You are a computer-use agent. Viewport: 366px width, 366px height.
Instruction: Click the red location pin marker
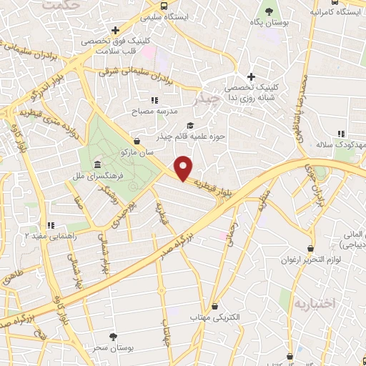(184, 168)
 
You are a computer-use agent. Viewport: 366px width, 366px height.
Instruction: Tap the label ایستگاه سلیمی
(174, 16)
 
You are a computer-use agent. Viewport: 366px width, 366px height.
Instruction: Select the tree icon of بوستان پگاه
(269, 11)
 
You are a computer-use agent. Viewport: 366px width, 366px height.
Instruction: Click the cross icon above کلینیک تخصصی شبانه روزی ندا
(250, 77)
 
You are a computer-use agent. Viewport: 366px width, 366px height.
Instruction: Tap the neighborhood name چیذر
(207, 100)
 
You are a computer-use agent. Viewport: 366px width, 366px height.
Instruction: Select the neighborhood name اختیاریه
(312, 303)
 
